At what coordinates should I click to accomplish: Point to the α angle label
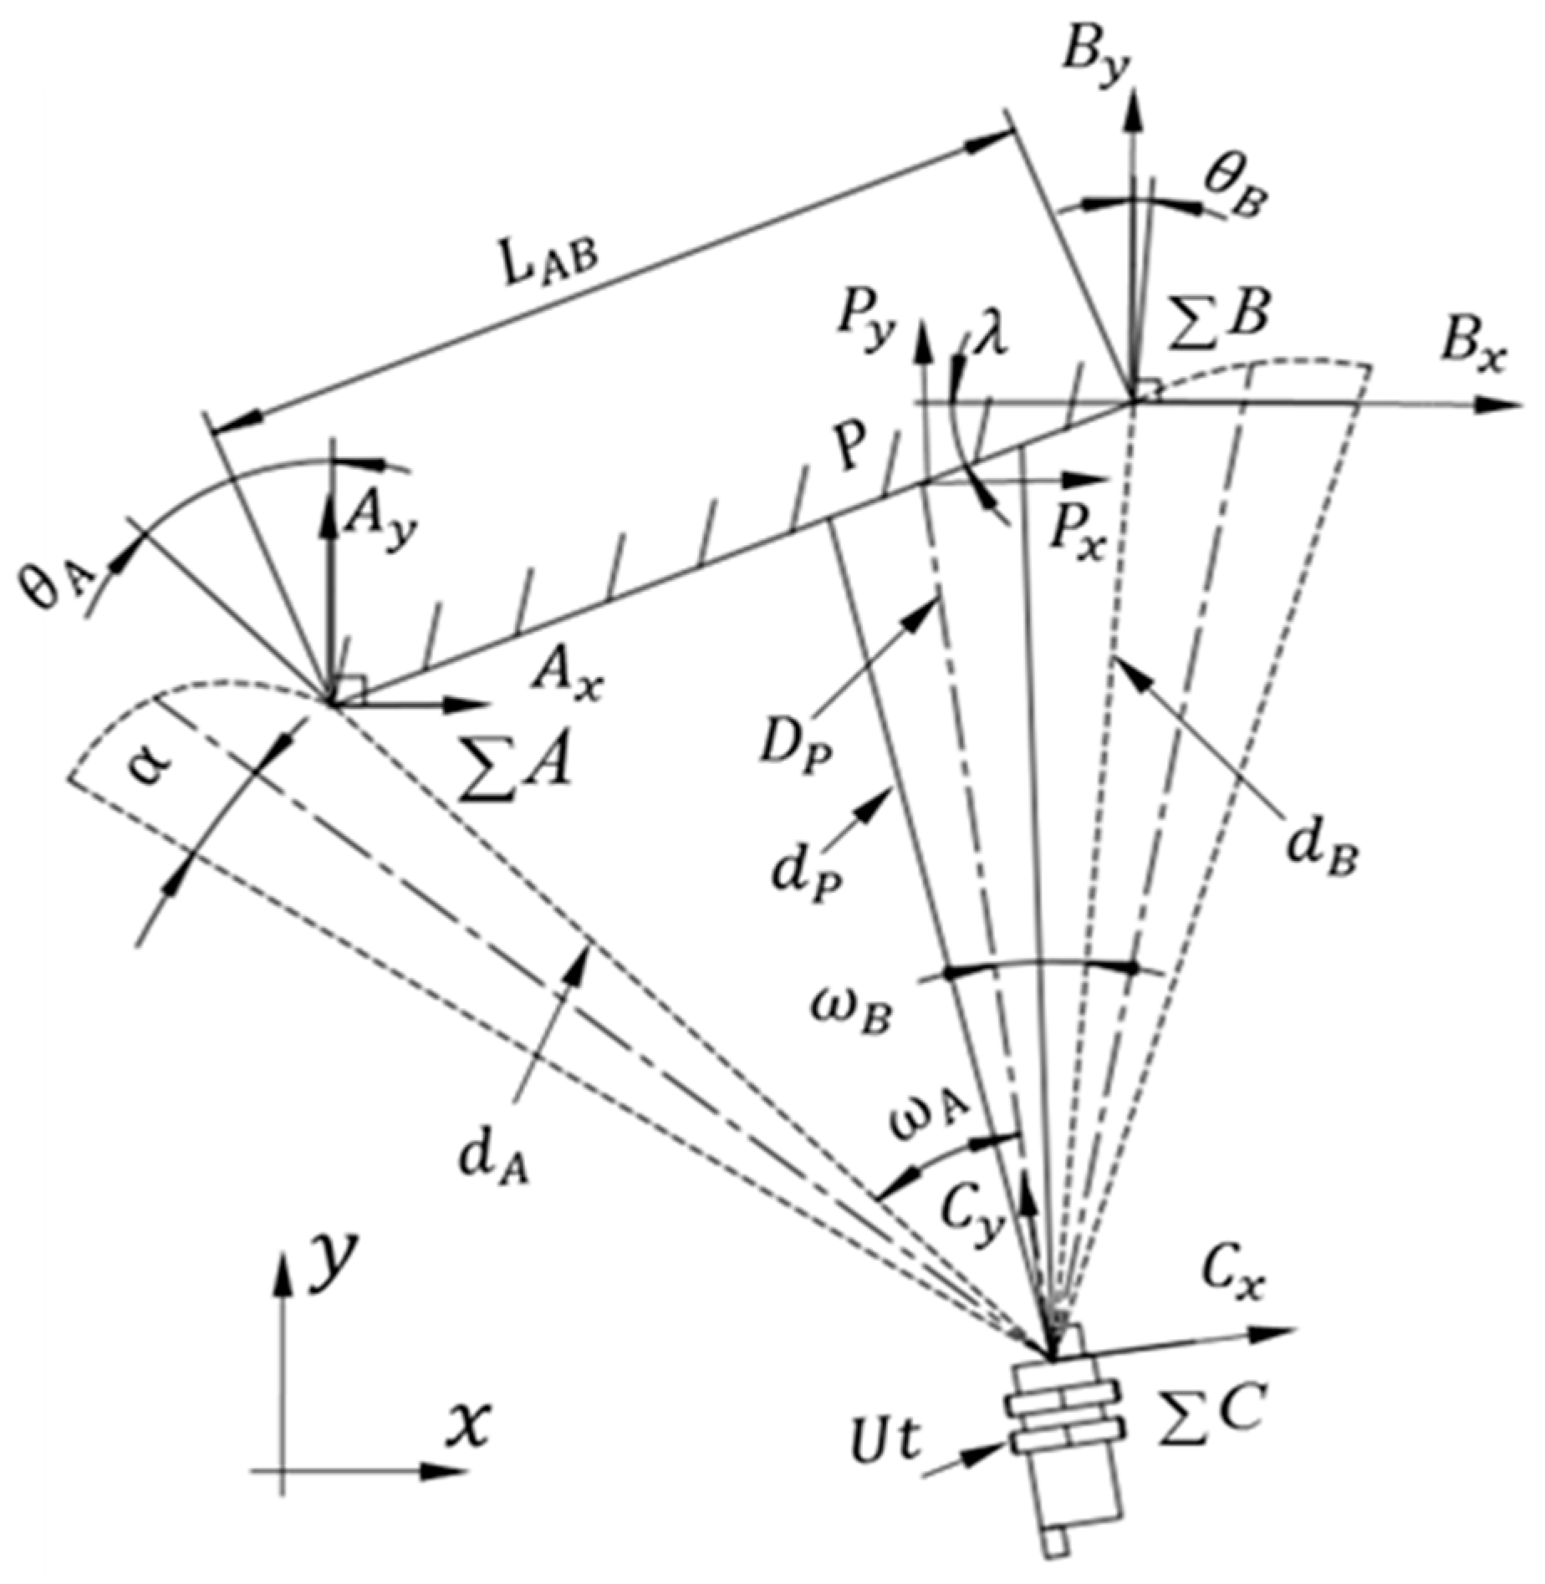[151, 761]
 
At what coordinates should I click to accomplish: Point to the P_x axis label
[1079, 539]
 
